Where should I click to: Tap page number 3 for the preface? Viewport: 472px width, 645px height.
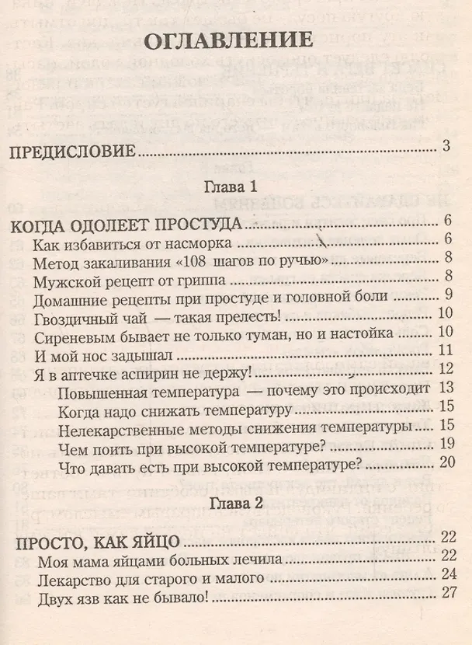pos(446,145)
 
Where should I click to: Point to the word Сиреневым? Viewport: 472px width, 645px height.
pos(72,334)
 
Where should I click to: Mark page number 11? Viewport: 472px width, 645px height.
pos(445,351)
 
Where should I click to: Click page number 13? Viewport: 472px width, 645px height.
pos(445,388)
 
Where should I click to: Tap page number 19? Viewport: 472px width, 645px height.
pos(445,444)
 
